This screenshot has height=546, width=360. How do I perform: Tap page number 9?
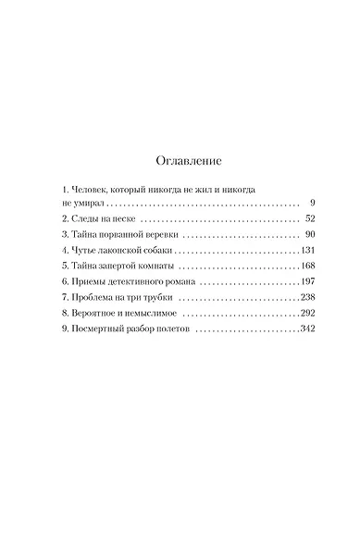[x=314, y=201]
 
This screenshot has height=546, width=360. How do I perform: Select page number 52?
[x=311, y=218]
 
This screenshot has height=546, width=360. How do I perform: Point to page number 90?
[x=311, y=235]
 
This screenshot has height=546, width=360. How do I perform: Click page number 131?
[x=308, y=252]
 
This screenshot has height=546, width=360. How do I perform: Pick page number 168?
[x=308, y=268]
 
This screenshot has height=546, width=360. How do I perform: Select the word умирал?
[x=78, y=202]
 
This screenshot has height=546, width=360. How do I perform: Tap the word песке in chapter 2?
[x=118, y=218]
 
